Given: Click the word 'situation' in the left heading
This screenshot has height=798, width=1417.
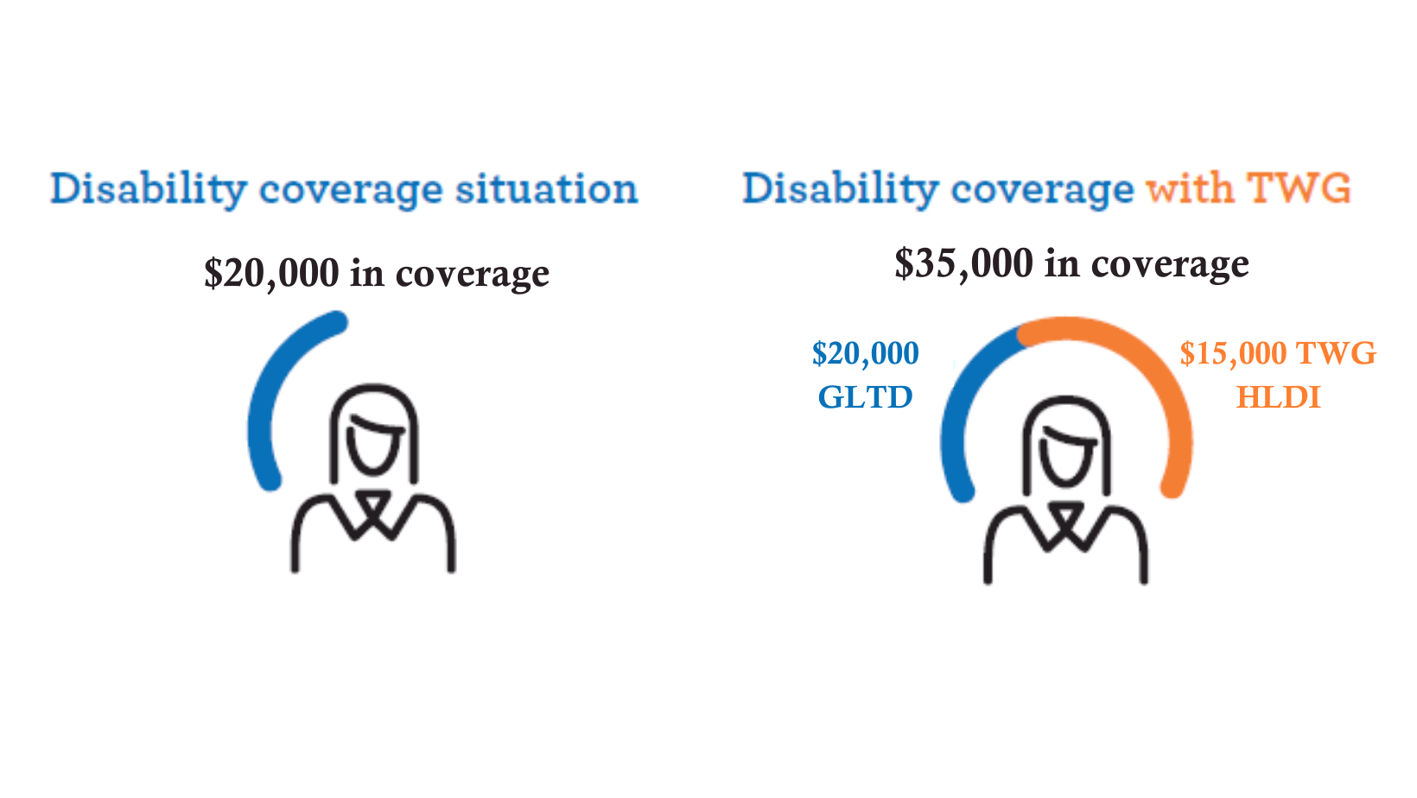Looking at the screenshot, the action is [x=547, y=188].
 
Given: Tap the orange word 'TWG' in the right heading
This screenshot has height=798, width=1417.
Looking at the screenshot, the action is [x=1299, y=187].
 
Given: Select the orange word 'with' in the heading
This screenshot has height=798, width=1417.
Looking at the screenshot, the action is [x=1190, y=187].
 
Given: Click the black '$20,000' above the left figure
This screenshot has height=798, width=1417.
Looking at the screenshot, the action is [x=271, y=274].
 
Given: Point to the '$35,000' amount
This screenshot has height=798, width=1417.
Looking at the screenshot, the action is [x=963, y=264].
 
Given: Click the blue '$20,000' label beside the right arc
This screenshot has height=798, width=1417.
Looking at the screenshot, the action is [x=866, y=353].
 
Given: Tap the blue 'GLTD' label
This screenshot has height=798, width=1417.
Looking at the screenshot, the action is [x=866, y=397].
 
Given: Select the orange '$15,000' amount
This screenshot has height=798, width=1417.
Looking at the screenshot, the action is [x=1233, y=353].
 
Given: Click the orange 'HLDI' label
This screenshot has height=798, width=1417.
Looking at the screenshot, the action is [x=1279, y=397].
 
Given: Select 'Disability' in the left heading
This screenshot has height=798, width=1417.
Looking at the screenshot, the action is [x=149, y=188].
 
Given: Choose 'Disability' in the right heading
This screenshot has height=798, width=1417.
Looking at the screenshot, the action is [x=841, y=188].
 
